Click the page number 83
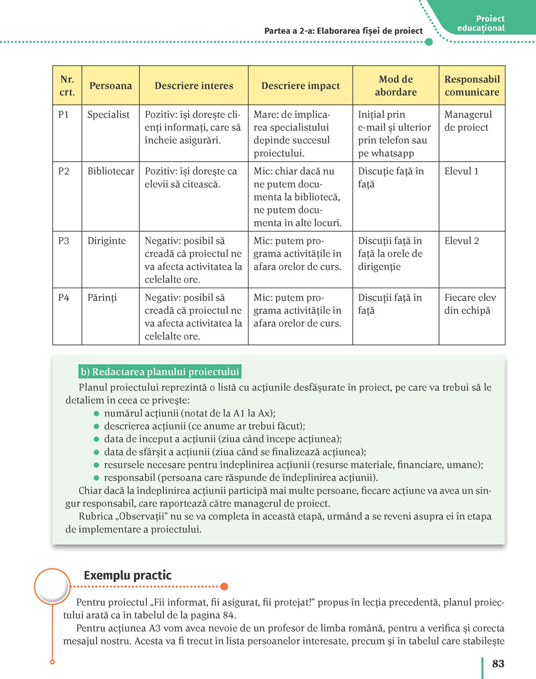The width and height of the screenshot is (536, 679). coord(498,663)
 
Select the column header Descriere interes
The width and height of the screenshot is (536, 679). coord(193,86)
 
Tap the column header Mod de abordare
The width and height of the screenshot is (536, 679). coord(396,86)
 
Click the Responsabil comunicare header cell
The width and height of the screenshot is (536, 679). coord(472,86)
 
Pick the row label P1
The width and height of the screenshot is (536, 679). coord(64,115)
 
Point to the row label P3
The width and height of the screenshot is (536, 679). coord(64,241)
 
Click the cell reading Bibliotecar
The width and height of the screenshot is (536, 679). coord(110,171)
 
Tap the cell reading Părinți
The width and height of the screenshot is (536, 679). coord(102,298)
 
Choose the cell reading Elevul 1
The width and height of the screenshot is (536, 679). coord(461,171)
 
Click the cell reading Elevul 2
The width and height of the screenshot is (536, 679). coord(461,241)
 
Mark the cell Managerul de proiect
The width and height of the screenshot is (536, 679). coord(467,121)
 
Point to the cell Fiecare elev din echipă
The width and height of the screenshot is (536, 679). coord(470,304)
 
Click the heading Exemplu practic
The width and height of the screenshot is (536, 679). coord(128,576)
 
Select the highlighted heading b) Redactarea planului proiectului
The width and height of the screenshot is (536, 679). coord(160,372)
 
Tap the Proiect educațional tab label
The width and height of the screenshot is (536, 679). coord(482,24)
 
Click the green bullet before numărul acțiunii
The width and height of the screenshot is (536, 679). coord(97,413)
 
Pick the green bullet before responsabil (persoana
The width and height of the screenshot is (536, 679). coord(97,478)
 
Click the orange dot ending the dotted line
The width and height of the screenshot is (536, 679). coord(224,586)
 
